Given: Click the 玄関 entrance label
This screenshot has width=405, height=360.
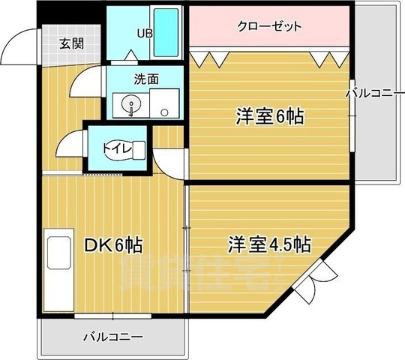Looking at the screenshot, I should tap(71, 43).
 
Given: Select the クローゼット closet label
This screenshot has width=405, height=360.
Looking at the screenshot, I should tap(269, 27).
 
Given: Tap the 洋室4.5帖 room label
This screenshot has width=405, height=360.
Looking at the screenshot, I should tap(270, 244).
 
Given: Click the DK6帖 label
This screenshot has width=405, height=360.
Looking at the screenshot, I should tap(114, 245).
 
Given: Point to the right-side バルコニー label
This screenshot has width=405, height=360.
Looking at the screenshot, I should tap(375, 94).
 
